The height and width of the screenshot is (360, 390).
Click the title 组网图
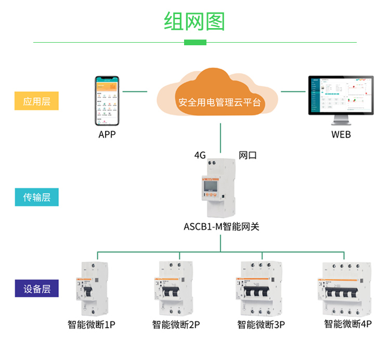click(x=194, y=21)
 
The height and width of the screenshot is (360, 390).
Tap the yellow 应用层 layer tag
click(x=36, y=101)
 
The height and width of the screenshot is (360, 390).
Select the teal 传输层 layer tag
click(x=36, y=197)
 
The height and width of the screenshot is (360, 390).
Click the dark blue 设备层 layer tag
click(x=36, y=288)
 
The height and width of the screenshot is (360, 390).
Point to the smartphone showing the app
click(x=107, y=101)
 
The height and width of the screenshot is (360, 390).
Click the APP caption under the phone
click(x=107, y=134)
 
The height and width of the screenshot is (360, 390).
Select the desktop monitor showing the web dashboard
click(x=341, y=99)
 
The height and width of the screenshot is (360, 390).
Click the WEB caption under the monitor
click(x=341, y=134)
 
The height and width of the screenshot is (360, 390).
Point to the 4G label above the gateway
click(x=200, y=155)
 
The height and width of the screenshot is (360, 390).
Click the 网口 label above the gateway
click(x=248, y=155)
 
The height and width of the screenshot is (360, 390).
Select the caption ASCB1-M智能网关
click(x=221, y=227)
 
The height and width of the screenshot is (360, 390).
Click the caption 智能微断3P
click(x=261, y=325)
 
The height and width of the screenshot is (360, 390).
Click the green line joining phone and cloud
click(x=134, y=92)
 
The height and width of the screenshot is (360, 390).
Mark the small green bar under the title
click(x=195, y=42)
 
